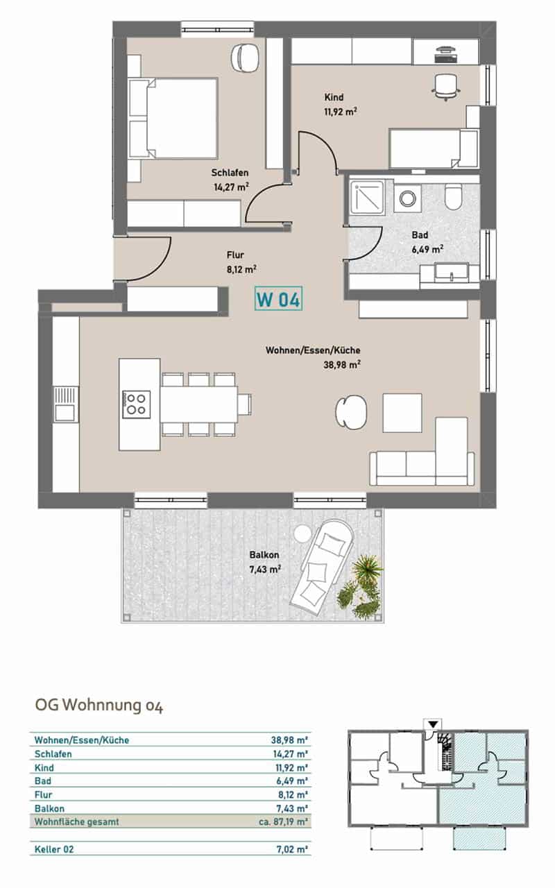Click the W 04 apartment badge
278,298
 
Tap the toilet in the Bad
453,196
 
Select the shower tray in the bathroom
366,198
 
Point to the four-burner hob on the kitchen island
137,404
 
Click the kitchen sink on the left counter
66,404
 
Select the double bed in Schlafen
173,118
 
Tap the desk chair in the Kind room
446,87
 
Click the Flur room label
235,255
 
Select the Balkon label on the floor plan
264,555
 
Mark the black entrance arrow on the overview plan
434,724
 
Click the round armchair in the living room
351,412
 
